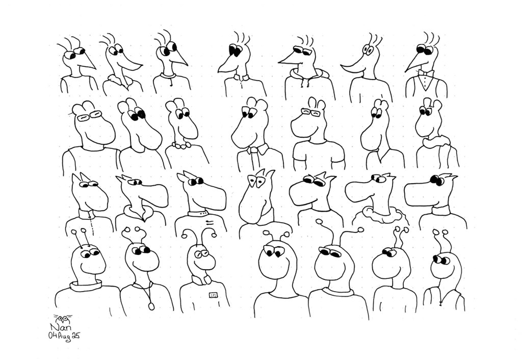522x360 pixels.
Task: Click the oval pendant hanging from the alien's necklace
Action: (151, 305)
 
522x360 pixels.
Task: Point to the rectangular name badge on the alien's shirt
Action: (213, 295)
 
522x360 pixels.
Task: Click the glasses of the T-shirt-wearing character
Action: (310, 113)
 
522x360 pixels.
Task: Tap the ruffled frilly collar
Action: (379, 214)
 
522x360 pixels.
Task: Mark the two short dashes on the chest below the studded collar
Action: (210, 222)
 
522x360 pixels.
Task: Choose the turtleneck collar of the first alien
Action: (86, 285)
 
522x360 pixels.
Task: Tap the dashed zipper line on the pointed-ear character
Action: (91, 223)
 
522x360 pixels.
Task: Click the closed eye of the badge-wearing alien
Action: (199, 254)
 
